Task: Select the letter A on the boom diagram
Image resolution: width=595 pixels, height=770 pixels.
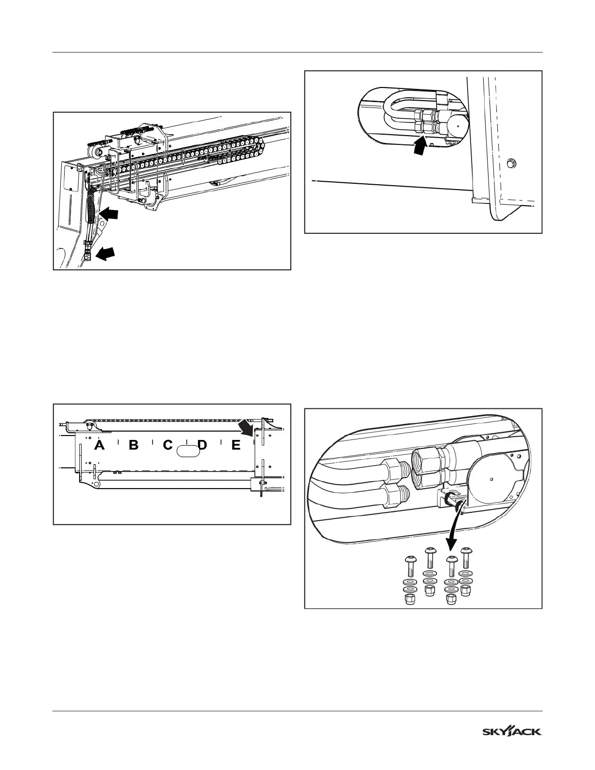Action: (100, 445)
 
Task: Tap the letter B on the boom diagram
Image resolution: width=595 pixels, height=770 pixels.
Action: (133, 445)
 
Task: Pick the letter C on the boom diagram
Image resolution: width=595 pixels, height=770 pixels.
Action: (168, 445)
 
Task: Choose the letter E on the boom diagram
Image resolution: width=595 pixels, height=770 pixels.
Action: (236, 445)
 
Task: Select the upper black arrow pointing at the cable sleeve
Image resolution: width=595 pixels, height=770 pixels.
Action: (110, 214)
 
